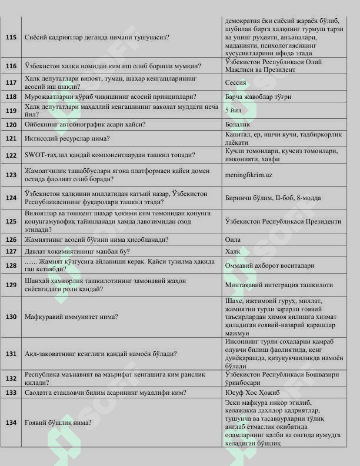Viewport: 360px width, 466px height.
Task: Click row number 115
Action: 11,37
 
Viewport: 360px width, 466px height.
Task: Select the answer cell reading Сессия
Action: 235,83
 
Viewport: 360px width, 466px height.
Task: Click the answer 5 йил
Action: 231,109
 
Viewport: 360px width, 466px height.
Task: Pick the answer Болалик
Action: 238,124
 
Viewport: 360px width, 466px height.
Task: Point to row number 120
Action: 11,124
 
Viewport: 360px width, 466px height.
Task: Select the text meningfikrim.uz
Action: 248,175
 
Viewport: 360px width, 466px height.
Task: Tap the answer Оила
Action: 232,239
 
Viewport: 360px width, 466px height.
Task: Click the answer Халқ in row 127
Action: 233,251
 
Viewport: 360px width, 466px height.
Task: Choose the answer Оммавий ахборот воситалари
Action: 269,265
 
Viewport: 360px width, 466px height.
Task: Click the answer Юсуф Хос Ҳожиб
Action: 252,392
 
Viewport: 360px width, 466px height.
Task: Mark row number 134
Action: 11,422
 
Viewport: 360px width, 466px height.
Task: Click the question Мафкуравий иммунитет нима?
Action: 71,317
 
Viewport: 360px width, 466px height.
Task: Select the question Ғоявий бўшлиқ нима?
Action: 58,422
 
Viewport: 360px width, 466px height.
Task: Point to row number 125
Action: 11,221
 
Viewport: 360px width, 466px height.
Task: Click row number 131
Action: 11,354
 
